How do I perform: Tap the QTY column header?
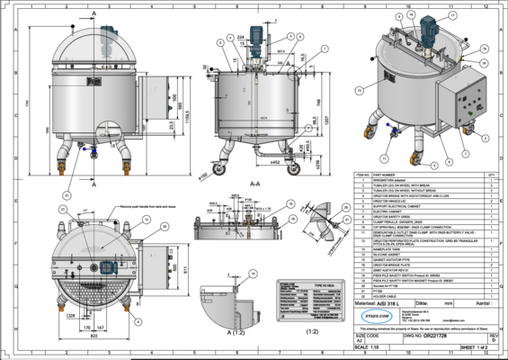point(491,175)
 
